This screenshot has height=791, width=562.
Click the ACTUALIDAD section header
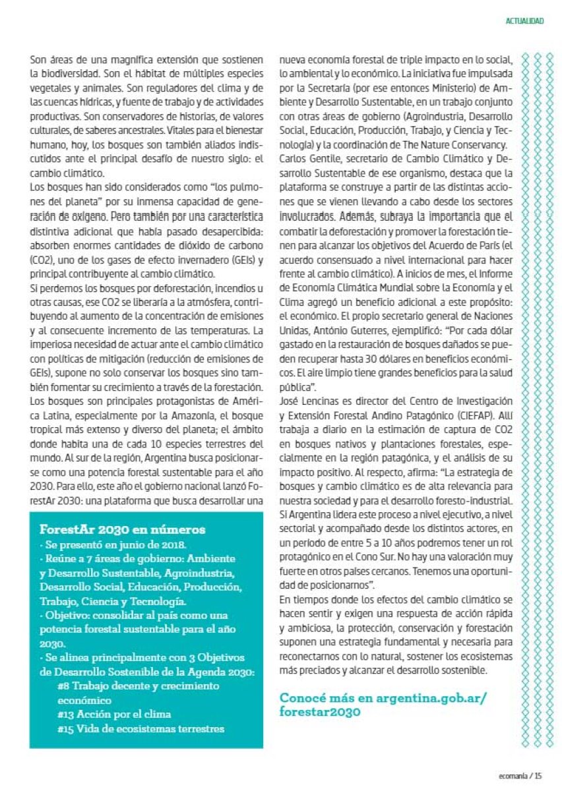click(524, 21)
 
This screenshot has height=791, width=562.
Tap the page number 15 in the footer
click(538, 776)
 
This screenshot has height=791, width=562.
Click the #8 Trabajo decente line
click(138, 686)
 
